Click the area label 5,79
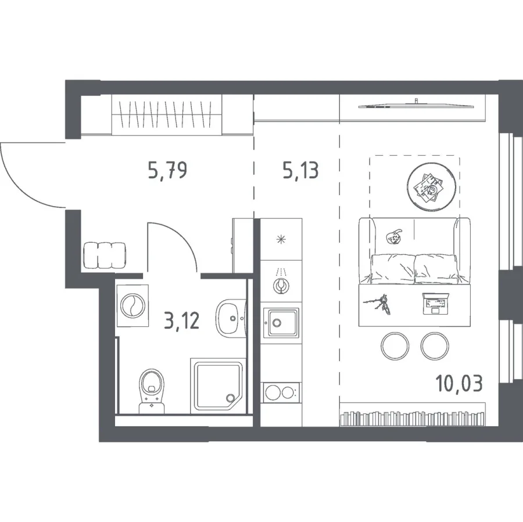pos(167,170)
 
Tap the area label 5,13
pos(301,170)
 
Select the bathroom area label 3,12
pos(182,321)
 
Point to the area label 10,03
pos(459,383)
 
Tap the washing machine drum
pos(132,305)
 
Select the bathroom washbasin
pos(231,318)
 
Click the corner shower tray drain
pos(230,397)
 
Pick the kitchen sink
pos(281,323)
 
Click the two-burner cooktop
pos(281,393)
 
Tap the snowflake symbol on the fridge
pos(281,239)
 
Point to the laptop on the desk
pos(436,303)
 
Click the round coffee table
pos(431,188)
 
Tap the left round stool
pos(395,346)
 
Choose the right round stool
pos(435,346)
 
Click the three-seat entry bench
pos(105,255)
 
